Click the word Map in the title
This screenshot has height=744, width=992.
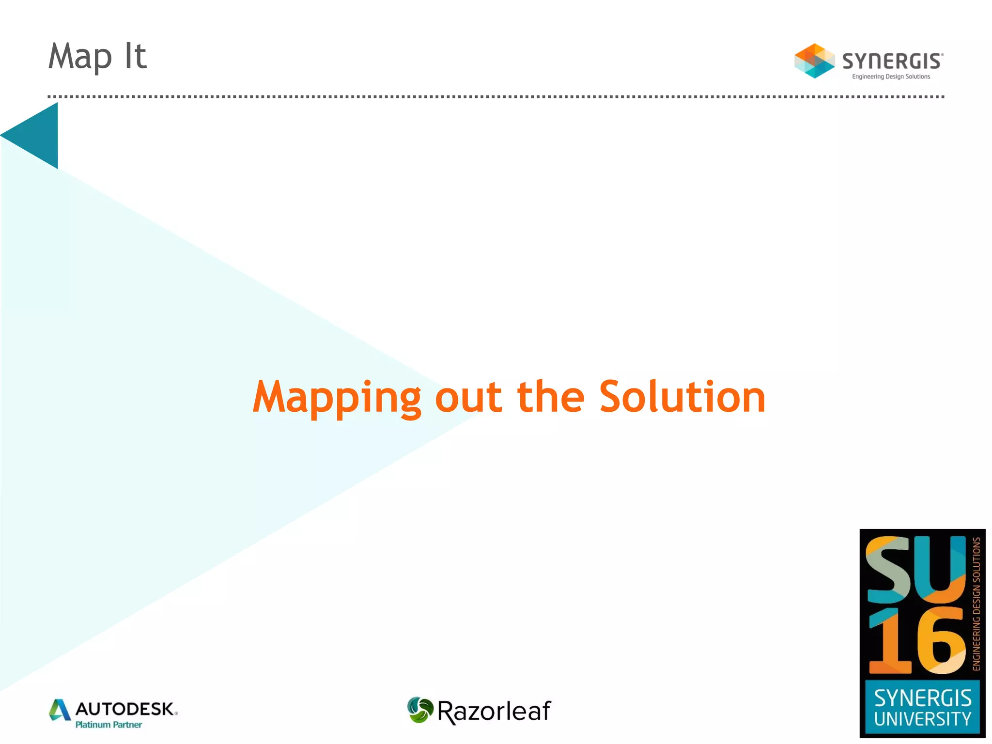point(80,57)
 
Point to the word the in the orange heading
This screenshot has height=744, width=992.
point(551,397)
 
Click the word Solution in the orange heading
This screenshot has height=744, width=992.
point(682,397)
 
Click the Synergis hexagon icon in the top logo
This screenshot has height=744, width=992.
point(814,61)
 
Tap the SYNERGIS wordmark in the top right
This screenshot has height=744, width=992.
point(892,62)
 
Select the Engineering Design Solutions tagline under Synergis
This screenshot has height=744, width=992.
point(891,77)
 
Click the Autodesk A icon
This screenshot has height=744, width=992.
point(60,710)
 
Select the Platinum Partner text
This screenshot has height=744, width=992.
point(108,725)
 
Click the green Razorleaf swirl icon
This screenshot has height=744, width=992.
point(420,710)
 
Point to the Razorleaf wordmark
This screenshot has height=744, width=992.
point(494,711)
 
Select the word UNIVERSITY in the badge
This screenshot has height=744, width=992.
point(922,719)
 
